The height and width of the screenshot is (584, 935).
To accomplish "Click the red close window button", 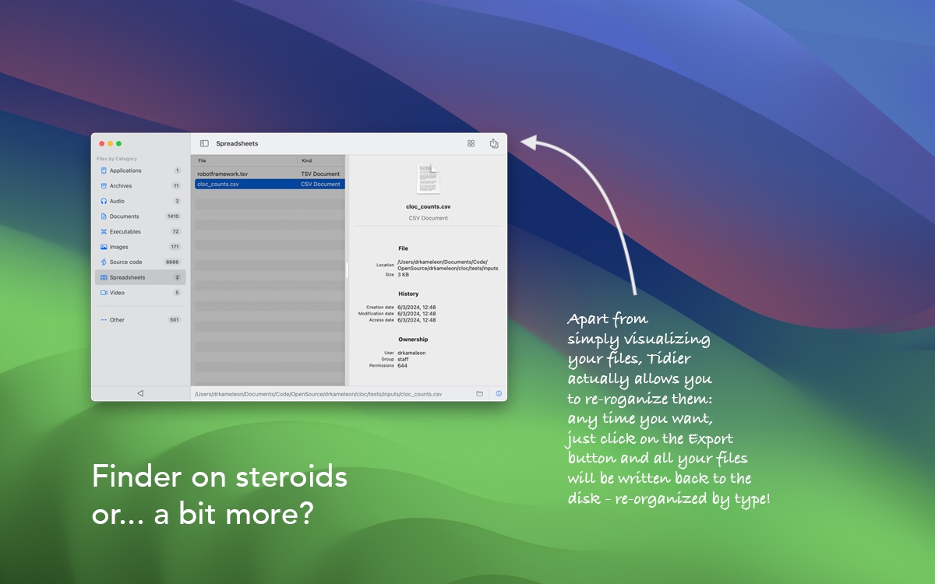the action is (101, 143).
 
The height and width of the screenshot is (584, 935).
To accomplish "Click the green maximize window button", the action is (119, 143).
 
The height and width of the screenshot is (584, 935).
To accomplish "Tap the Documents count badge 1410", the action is (173, 216).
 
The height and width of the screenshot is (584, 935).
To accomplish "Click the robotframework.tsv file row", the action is (270, 174).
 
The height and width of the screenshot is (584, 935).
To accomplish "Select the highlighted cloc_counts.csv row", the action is (270, 184).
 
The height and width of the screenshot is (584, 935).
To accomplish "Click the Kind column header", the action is (307, 160).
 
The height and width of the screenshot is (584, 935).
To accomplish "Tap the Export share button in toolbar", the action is (494, 143).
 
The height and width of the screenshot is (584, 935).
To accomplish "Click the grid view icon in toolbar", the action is (471, 143).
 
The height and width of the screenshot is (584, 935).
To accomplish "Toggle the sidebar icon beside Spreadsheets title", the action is (204, 143).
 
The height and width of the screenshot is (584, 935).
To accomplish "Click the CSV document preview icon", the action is (429, 179).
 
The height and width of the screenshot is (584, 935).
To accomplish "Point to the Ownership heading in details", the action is (413, 339).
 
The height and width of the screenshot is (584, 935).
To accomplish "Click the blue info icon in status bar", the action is (499, 394).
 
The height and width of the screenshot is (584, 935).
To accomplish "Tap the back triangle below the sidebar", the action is (140, 393).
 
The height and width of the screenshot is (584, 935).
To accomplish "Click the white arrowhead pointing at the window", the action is (528, 142).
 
